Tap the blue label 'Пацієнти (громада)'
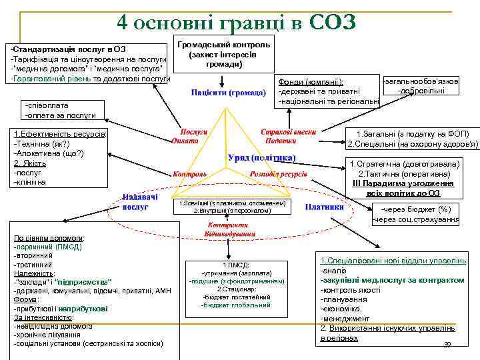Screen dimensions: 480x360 click(228, 92)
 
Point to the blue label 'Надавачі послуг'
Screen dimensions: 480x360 click(140, 201)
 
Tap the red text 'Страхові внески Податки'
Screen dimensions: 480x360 click(279, 136)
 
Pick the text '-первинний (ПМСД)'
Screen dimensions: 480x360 click(47, 246)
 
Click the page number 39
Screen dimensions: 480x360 click(447, 344)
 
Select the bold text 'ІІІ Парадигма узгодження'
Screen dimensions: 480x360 click(411, 183)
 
